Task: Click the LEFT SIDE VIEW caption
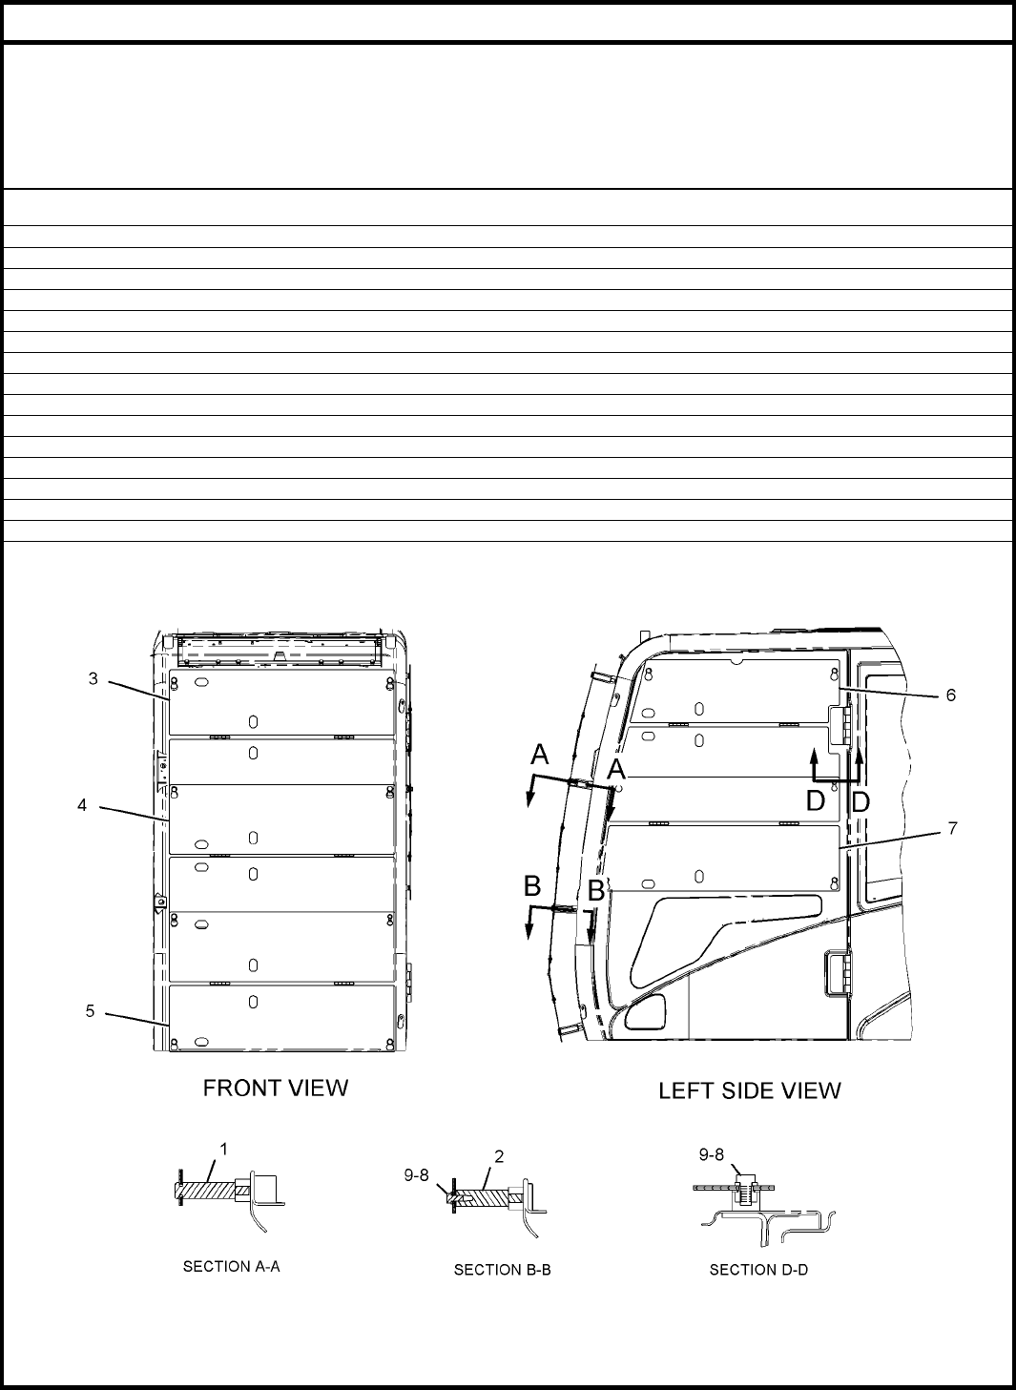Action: click(x=750, y=1090)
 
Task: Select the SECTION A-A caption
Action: click(x=232, y=1267)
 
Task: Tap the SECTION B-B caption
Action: click(x=502, y=1270)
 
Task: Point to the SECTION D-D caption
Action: click(x=759, y=1270)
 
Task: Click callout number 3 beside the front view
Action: click(x=93, y=679)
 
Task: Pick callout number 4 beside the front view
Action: click(x=82, y=805)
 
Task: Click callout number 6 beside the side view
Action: click(x=951, y=695)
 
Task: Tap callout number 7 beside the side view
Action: click(x=953, y=828)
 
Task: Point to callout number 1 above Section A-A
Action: click(x=224, y=1150)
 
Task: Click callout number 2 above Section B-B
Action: click(x=499, y=1156)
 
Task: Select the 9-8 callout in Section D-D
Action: click(x=712, y=1154)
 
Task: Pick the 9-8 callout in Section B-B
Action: click(x=417, y=1175)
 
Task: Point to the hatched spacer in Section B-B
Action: click(x=484, y=1197)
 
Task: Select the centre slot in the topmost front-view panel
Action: click(x=253, y=721)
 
